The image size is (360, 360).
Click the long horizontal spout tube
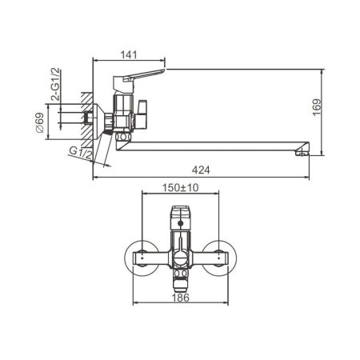216,146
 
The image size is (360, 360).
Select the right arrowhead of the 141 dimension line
163,61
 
